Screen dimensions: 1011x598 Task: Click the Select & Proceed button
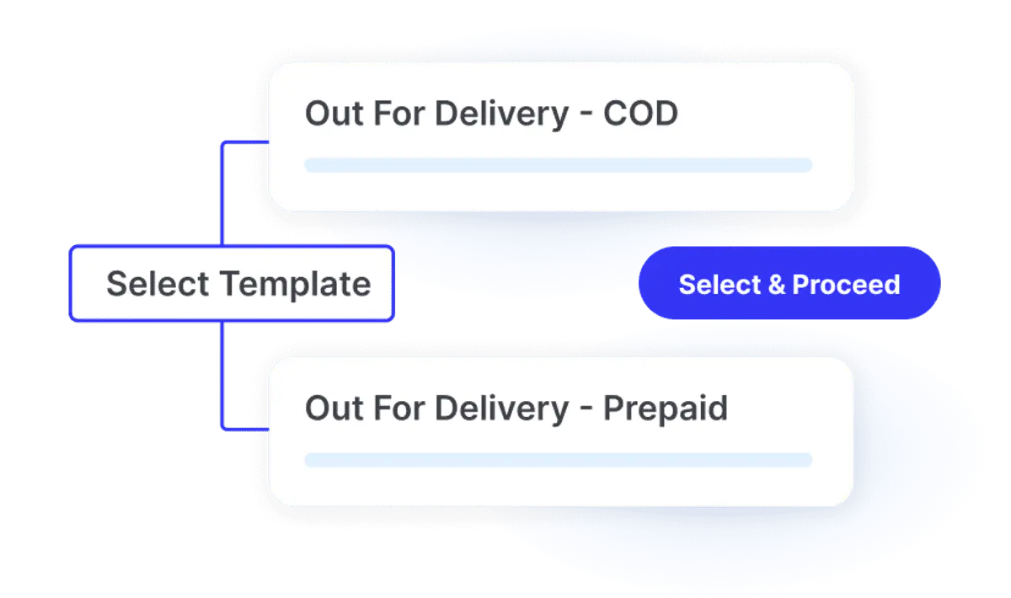789,283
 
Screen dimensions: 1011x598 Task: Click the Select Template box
232,284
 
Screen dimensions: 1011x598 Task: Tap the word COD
640,113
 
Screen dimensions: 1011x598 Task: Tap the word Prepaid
666,408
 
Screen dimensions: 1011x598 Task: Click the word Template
295,285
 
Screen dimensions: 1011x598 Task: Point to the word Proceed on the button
846,285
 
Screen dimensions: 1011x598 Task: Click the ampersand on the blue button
777,285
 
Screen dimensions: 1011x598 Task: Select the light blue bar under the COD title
559,165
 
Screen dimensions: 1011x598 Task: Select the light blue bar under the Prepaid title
559,460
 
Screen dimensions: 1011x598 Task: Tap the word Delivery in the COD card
501,115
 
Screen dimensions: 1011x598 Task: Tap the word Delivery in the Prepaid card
501,410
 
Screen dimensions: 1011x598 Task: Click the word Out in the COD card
334,113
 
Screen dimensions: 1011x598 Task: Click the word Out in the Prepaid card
334,408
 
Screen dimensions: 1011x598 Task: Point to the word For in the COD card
399,113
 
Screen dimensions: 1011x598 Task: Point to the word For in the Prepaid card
399,408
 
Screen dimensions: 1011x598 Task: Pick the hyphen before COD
586,115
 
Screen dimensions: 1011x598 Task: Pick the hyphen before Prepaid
586,410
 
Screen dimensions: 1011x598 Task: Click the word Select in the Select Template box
158,284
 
